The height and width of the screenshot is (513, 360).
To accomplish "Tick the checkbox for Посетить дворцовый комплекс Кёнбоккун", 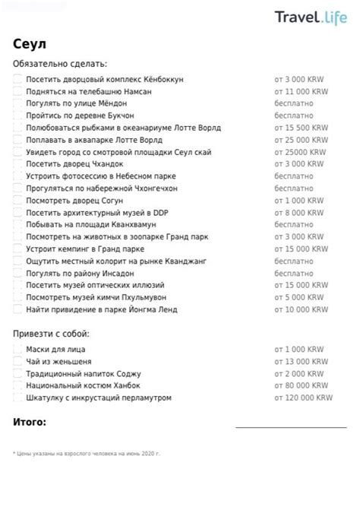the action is [17, 79].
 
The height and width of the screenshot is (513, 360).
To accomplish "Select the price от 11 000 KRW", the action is [301, 91].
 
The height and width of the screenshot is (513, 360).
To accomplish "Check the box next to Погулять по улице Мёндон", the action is [17, 103].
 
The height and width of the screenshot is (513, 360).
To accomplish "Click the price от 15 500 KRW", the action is [301, 128].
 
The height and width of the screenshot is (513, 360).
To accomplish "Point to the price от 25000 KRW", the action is [299, 152].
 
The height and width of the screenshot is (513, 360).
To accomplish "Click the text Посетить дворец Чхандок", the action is [74, 164].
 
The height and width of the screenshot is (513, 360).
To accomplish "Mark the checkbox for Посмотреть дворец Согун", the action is [17, 201].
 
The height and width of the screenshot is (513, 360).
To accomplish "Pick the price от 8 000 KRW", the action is [299, 213].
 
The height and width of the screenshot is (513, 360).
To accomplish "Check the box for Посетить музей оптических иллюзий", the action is [17, 285].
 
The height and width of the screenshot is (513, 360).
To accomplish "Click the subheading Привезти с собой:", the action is [51, 334].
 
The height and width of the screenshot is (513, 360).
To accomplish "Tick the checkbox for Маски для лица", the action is [17, 350].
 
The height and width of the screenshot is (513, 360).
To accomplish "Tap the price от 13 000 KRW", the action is [301, 362].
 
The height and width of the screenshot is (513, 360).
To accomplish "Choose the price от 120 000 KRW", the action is [303, 397].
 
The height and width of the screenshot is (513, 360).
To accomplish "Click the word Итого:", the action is [30, 422].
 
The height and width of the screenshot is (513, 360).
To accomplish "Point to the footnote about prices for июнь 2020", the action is [87, 453].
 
